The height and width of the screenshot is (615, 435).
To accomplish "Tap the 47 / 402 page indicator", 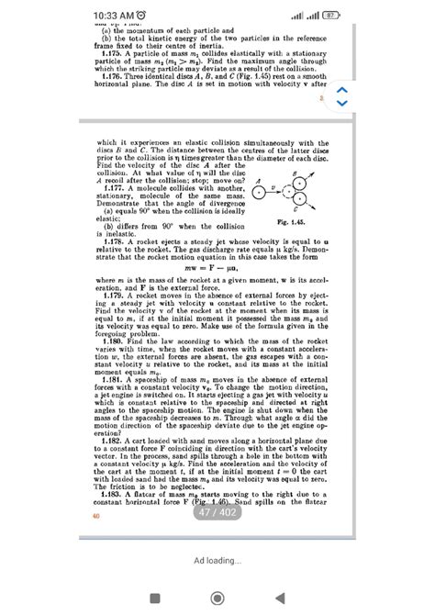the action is click(217, 513).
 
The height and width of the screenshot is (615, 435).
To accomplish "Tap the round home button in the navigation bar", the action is click(217, 598).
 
